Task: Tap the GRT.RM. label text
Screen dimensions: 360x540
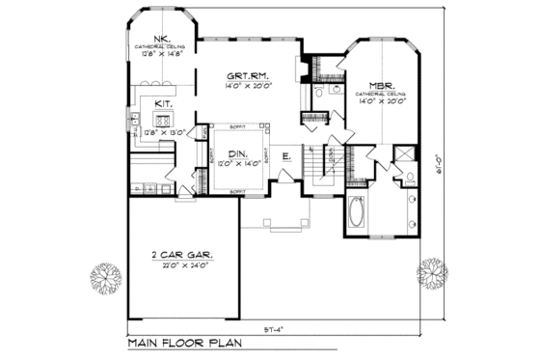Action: (x=247, y=76)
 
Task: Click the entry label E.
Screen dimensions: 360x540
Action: (x=286, y=156)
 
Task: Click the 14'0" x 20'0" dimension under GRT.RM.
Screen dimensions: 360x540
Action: (x=247, y=87)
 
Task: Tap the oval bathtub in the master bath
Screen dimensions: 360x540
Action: (x=356, y=212)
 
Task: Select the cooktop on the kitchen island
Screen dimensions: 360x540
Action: (x=160, y=122)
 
